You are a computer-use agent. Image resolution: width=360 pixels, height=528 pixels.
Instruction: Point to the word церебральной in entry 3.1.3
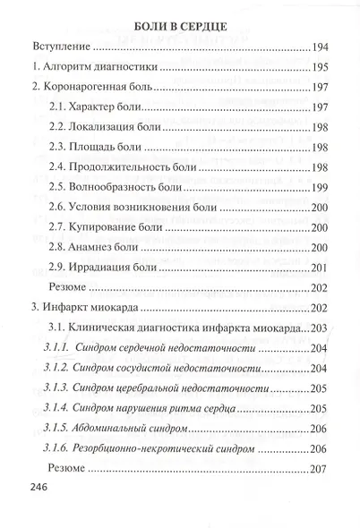(x=165, y=389)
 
